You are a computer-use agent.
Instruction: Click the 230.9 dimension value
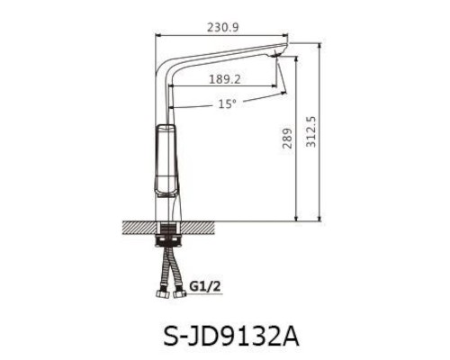(222, 29)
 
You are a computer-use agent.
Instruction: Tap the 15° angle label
(227, 103)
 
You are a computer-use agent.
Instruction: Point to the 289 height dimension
(287, 137)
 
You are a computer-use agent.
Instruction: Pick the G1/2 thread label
(206, 287)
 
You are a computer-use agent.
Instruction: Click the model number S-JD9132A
(225, 336)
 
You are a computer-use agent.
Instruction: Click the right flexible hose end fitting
(183, 290)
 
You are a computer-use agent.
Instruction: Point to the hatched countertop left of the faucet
(137, 225)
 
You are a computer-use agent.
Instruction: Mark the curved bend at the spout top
(166, 56)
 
